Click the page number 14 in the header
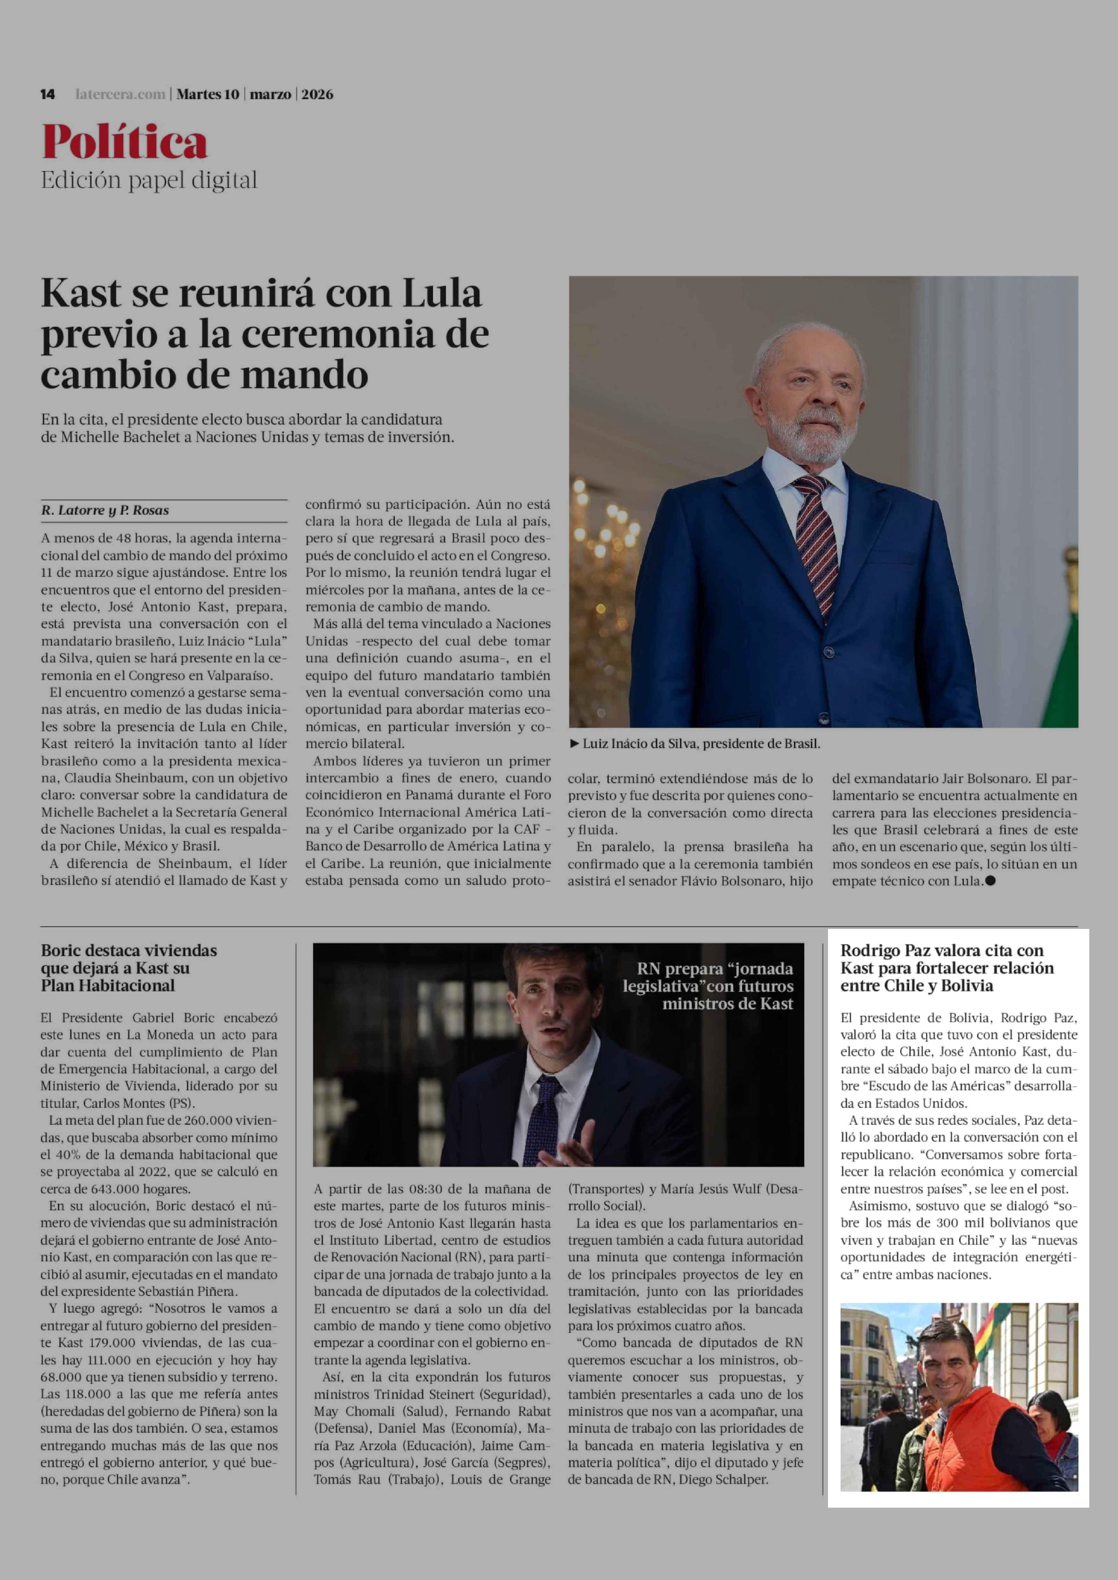click(x=47, y=94)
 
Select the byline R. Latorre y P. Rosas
click(x=105, y=510)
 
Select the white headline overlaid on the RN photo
click(x=709, y=986)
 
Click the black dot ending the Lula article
click(x=991, y=881)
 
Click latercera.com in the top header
click(x=120, y=94)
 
